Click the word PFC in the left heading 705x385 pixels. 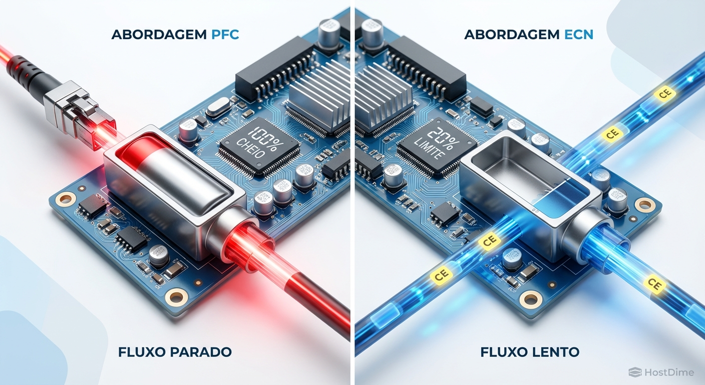tap(225, 35)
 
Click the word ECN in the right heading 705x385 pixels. tap(578, 35)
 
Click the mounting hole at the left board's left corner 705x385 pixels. tap(66, 200)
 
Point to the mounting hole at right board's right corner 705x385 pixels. tap(645, 204)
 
